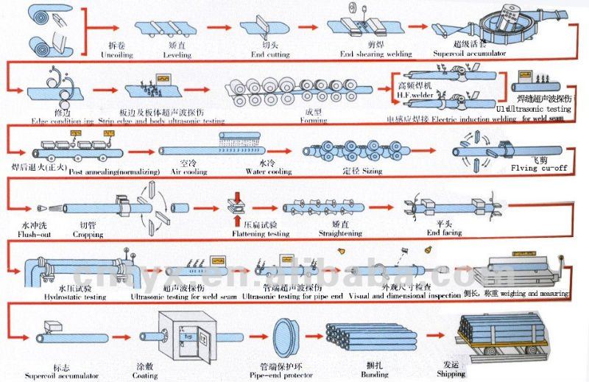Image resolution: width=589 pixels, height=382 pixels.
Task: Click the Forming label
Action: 314,120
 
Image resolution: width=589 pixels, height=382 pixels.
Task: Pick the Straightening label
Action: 340,234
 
